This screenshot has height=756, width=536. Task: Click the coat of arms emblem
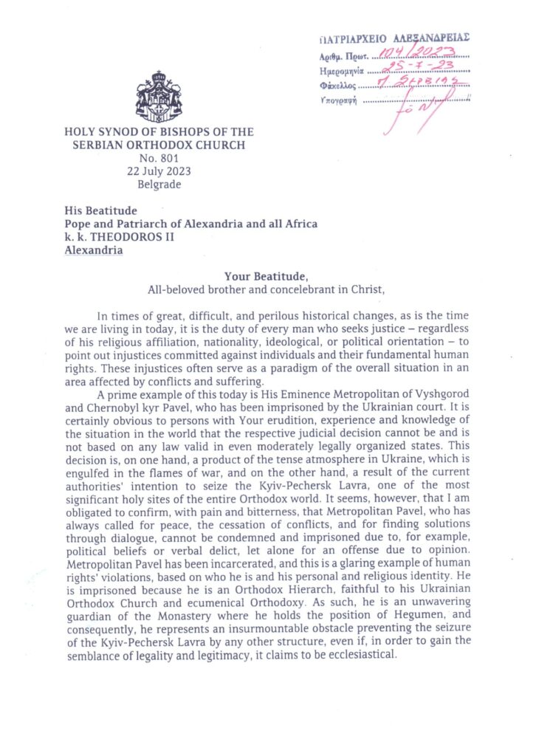[159, 98]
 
